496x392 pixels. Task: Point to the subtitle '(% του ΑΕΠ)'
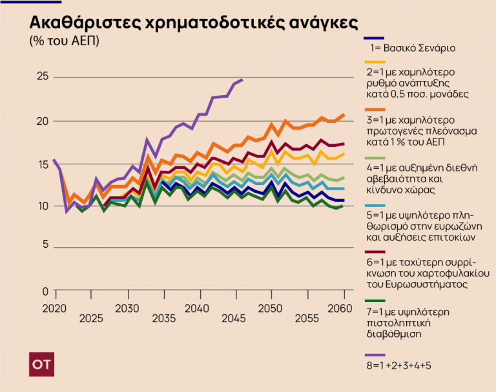click(x=65, y=41)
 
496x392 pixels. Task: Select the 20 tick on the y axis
click(x=42, y=122)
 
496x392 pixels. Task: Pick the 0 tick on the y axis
click(x=45, y=292)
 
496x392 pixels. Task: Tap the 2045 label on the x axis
click(x=234, y=318)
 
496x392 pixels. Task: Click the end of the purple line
click(x=242, y=80)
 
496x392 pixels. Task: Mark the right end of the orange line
click(x=344, y=114)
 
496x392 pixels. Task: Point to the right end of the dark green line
click(x=344, y=205)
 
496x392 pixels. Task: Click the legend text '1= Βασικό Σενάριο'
click(x=413, y=47)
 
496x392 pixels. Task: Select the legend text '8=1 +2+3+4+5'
click(x=399, y=365)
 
